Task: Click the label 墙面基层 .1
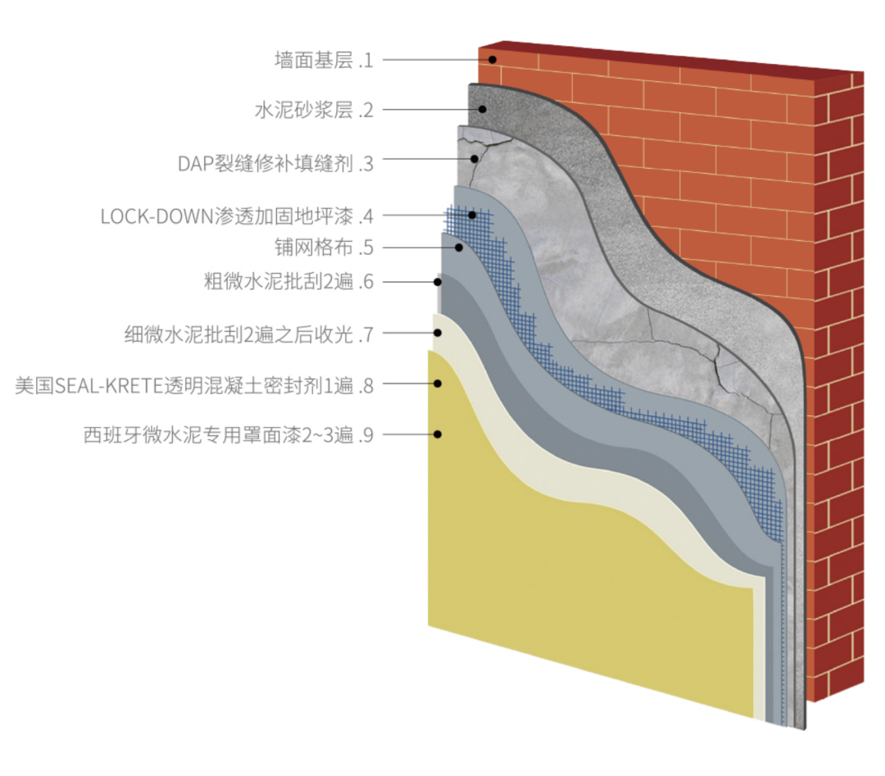click(324, 60)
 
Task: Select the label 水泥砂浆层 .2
click(314, 110)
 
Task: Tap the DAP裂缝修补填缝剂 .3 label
click(275, 163)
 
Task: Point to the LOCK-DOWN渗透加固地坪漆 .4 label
click(237, 216)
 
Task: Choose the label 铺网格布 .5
click(324, 247)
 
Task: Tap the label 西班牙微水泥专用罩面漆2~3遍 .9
click(229, 434)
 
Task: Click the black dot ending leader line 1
click(493, 59)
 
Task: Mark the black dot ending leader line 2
click(483, 109)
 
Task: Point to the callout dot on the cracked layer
click(474, 158)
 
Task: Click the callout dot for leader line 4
click(472, 215)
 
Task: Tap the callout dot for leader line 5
click(459, 247)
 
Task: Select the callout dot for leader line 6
click(439, 283)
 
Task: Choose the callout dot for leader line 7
click(439, 333)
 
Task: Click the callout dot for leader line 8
click(439, 383)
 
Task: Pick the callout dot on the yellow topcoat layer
click(439, 434)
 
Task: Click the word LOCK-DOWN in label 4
click(155, 216)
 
